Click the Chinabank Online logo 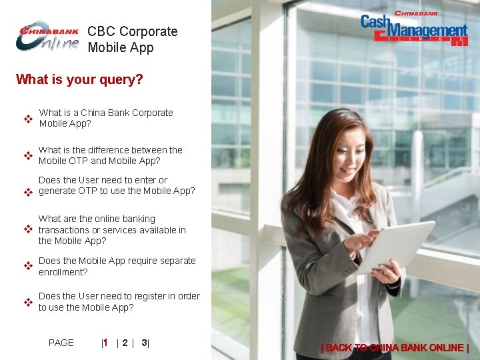pos(47,37)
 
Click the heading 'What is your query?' pos(79,80)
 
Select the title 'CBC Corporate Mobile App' pos(132,39)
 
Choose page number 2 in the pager pos(125,343)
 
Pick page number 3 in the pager pos(144,343)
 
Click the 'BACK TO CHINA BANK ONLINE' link pos(395,347)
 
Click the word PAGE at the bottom pos(61,343)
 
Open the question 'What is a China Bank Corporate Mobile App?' pos(105,118)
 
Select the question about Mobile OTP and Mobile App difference pos(110,155)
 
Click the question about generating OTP pos(117,185)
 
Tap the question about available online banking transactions pos(112,229)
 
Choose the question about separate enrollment pos(117,266)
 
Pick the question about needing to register pos(119,301)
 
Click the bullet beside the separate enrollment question pos(29,266)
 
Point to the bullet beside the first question pos(29,120)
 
